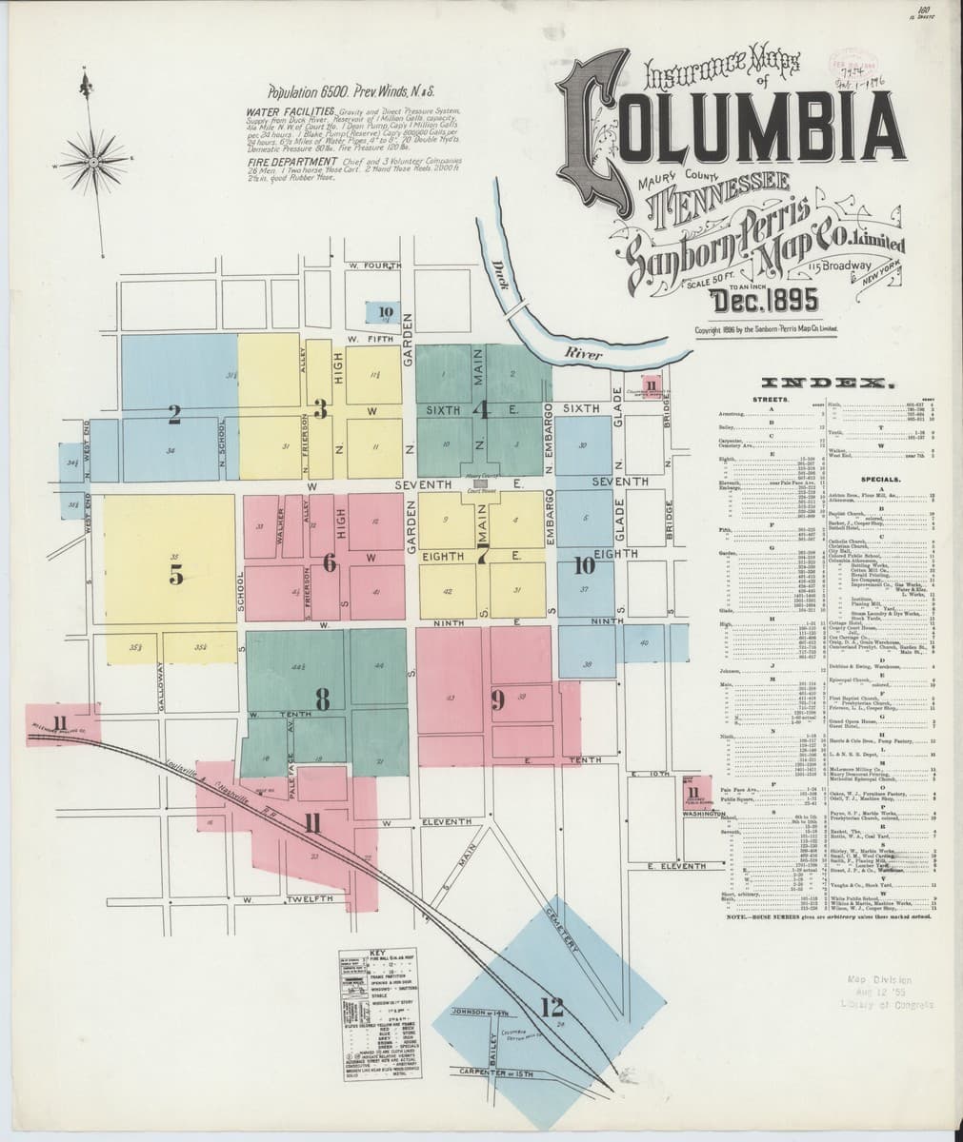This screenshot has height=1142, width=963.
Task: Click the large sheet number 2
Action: pos(174,414)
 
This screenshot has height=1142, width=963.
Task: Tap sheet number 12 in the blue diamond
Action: pos(550,1006)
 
